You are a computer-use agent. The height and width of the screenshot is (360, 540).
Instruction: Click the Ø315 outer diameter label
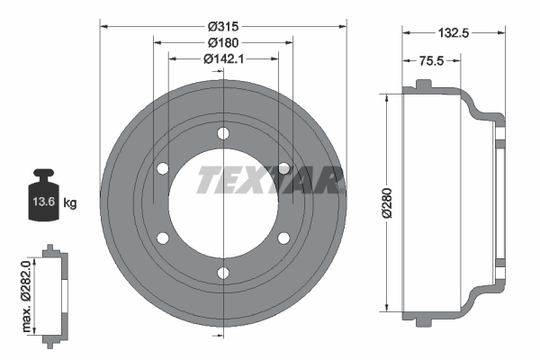coord(222,26)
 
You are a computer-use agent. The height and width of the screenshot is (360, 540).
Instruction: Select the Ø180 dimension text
coord(222,42)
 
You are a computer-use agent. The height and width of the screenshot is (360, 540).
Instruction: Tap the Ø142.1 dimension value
coord(222,58)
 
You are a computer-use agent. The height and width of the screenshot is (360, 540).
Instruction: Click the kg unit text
coord(70,204)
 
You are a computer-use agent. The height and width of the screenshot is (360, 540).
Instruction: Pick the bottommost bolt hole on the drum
coord(223,273)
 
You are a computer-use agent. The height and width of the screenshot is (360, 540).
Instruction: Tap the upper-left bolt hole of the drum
coord(163,168)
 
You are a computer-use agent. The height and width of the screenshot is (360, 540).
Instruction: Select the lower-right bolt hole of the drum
coord(283,238)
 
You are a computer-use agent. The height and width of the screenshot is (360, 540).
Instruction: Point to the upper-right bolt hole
coord(283,168)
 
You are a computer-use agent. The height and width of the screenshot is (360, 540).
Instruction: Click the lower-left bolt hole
coord(163,238)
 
